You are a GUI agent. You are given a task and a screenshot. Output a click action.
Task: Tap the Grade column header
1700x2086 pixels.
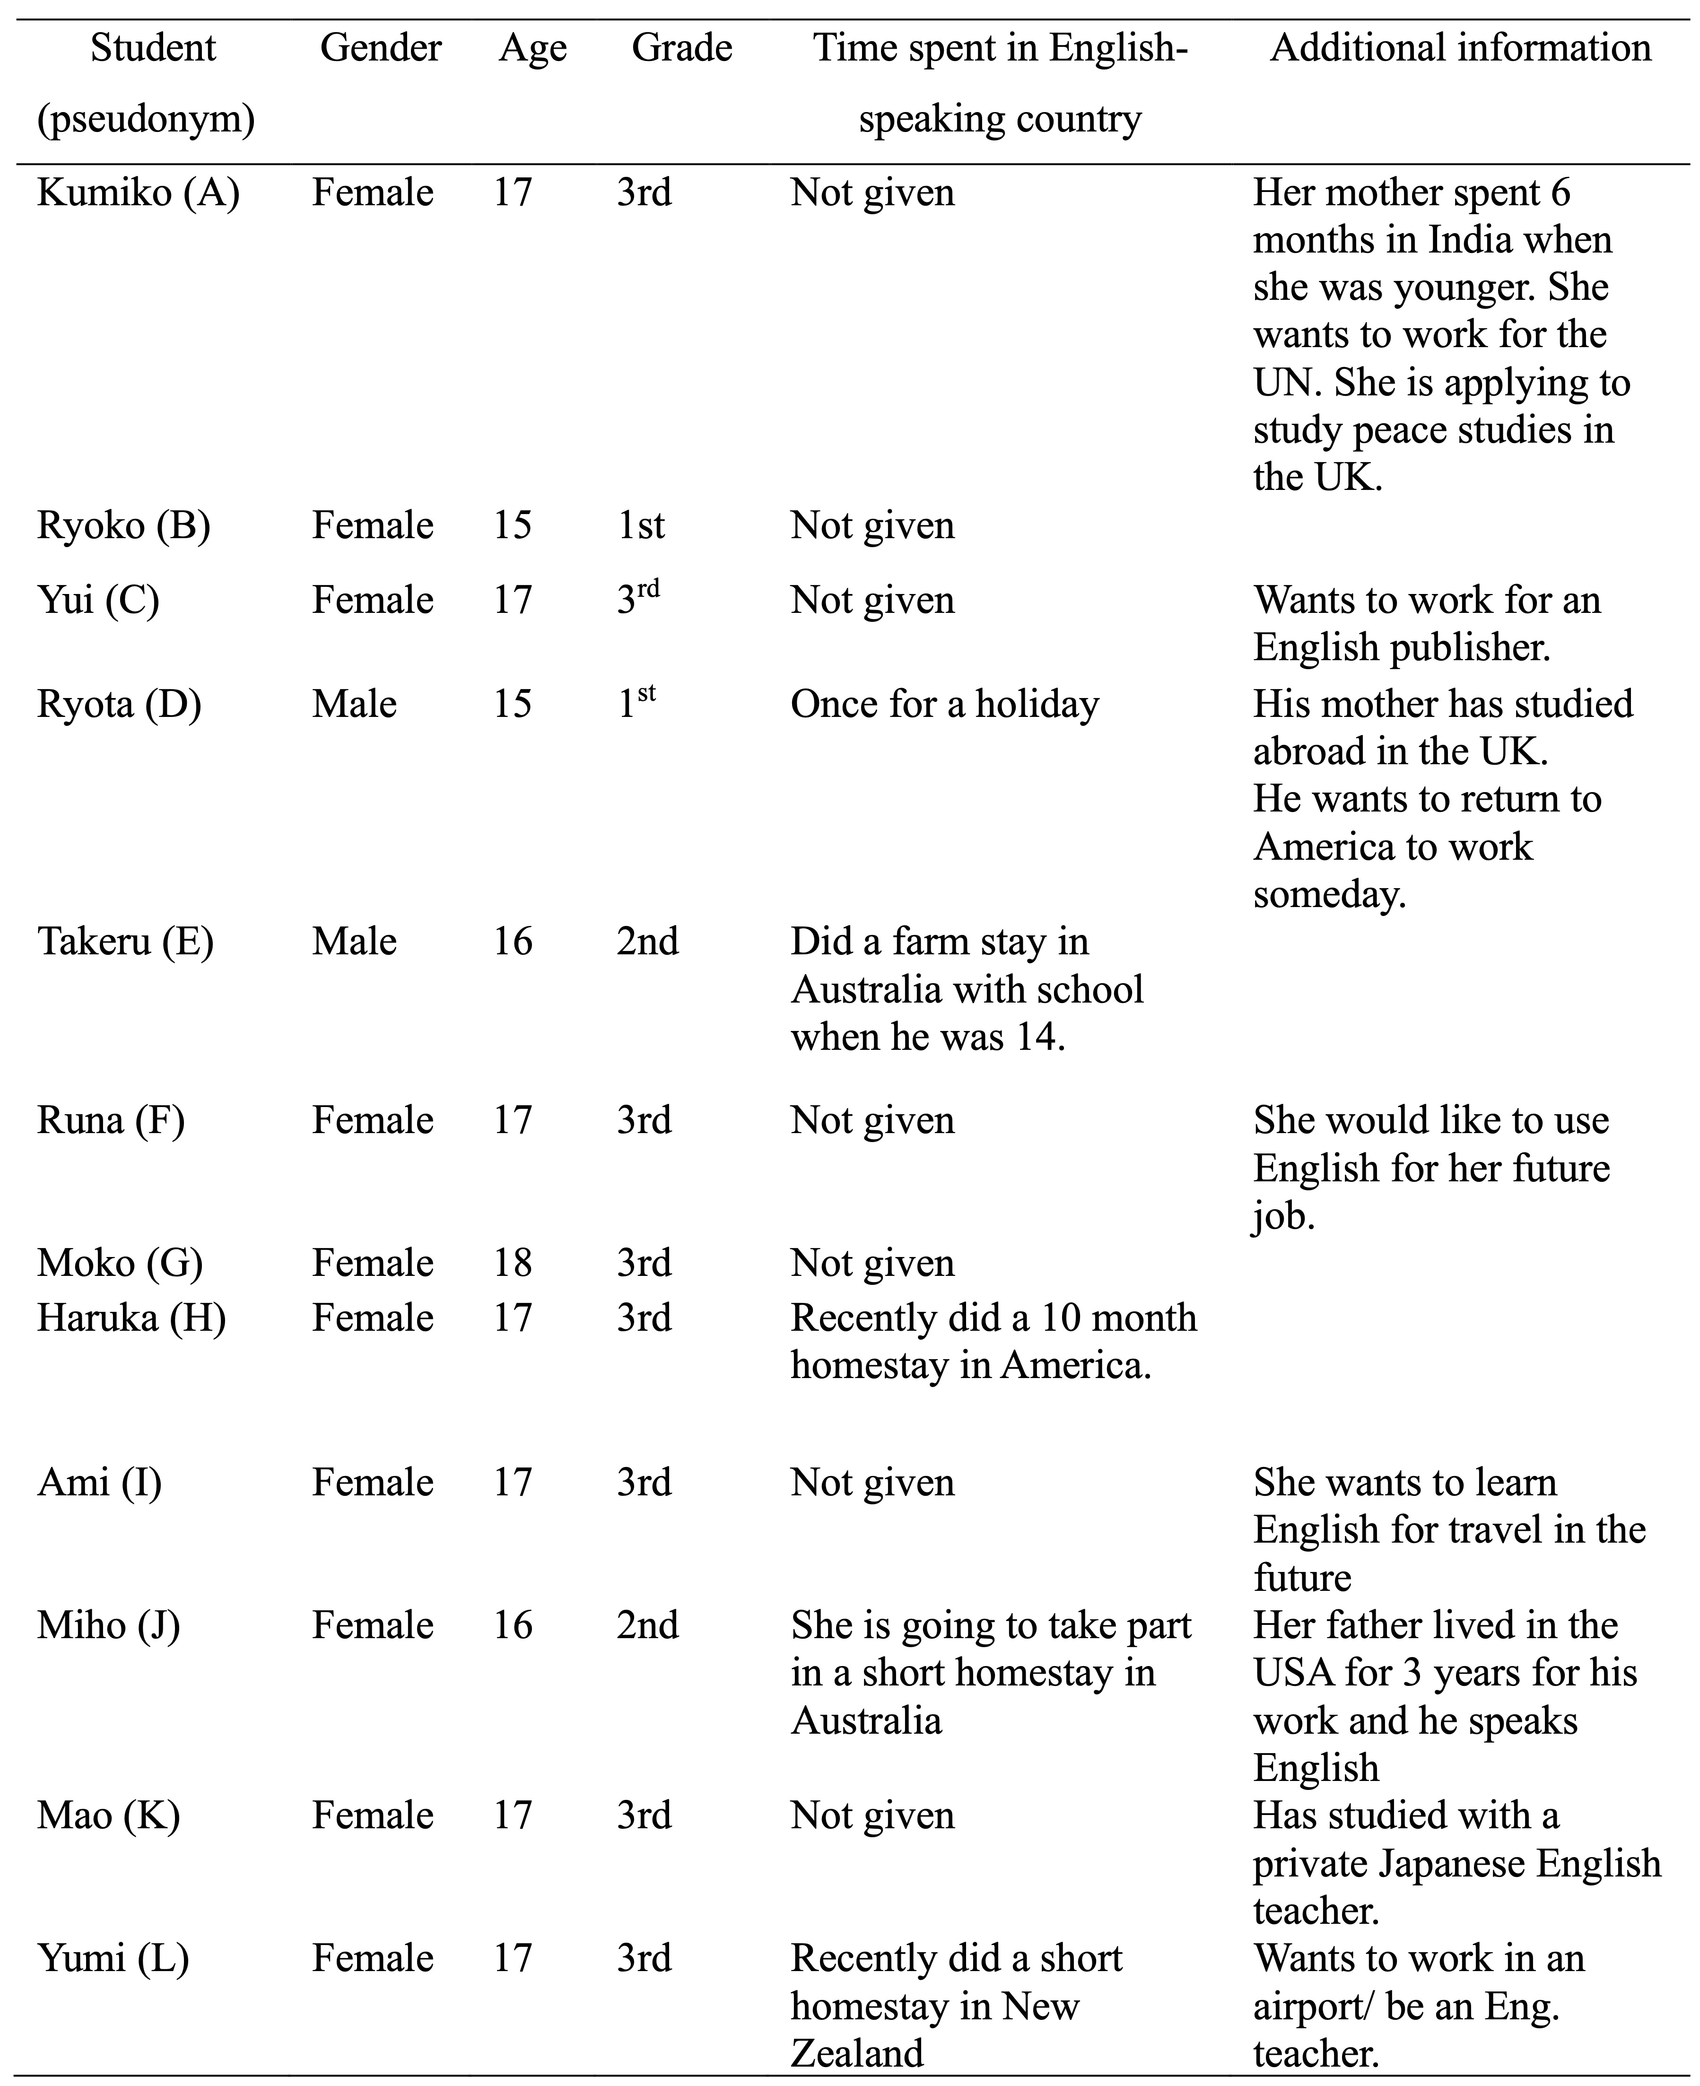(681, 48)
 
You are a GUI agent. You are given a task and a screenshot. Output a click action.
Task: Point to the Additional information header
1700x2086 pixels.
(1460, 48)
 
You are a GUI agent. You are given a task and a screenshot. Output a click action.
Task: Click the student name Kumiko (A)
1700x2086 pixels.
(138, 193)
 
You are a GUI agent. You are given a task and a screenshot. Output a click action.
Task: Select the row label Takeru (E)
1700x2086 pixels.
(125, 941)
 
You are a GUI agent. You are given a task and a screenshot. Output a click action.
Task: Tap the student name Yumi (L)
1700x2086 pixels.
(113, 1958)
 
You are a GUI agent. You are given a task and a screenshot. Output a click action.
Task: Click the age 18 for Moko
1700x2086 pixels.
(512, 1262)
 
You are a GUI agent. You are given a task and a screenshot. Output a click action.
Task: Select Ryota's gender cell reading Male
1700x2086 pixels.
(355, 704)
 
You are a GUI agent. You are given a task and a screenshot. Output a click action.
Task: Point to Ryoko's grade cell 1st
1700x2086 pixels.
(640, 526)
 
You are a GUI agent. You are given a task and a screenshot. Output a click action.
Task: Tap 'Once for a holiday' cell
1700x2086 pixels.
(944, 704)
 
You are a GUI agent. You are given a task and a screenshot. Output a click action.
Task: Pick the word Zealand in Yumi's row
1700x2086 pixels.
(857, 2053)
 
